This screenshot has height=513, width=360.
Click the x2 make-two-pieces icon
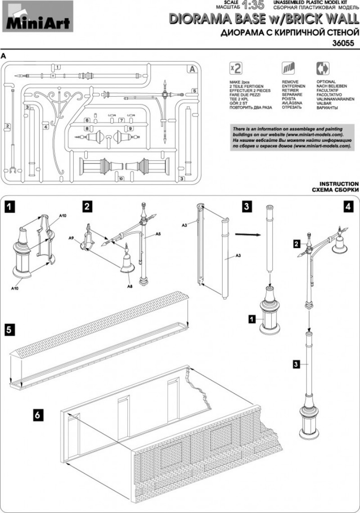(x=235, y=68)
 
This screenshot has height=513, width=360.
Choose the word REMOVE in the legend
(x=290, y=81)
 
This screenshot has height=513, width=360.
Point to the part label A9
(x=72, y=238)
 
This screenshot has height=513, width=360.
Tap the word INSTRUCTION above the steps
(x=339, y=184)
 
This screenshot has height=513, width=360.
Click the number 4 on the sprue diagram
(x=46, y=127)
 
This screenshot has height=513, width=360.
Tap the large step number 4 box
(x=347, y=207)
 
